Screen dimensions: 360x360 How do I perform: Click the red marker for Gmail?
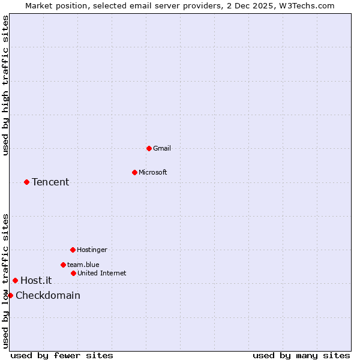[149, 148]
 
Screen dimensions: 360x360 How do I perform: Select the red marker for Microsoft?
[134, 172]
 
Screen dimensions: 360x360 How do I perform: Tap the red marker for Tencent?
[26, 182]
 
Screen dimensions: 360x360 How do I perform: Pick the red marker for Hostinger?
[73, 250]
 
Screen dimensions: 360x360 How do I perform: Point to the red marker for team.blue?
[63, 265]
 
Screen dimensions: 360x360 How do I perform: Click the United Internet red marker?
[73, 273]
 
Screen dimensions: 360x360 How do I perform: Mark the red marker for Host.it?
[15, 280]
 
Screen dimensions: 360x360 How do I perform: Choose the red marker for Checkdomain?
[10, 295]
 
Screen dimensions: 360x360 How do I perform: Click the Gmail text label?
[162, 148]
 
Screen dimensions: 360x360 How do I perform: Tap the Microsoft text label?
[153, 172]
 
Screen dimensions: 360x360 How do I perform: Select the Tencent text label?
[50, 182]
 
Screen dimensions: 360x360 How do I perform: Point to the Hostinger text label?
[92, 250]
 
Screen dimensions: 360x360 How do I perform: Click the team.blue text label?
[83, 265]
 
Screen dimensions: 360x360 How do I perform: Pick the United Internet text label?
[102, 273]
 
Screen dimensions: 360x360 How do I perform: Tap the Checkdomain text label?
[48, 295]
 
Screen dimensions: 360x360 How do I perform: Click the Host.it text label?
[36, 280]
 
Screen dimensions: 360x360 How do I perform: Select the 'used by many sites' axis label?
[301, 355]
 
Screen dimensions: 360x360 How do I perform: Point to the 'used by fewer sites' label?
[62, 355]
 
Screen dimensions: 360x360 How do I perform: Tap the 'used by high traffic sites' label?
[5, 85]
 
